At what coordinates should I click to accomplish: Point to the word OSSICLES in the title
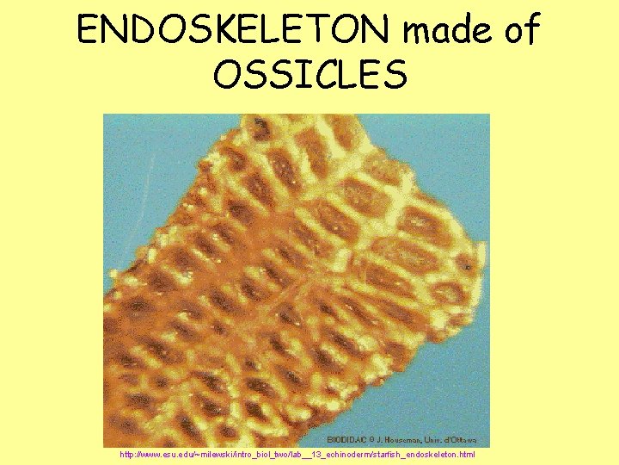[x=309, y=76]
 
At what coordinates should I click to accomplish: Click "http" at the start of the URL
[x=128, y=454]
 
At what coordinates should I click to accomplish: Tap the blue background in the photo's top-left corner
[x=138, y=146]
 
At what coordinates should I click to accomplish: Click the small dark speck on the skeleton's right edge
[x=469, y=268]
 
